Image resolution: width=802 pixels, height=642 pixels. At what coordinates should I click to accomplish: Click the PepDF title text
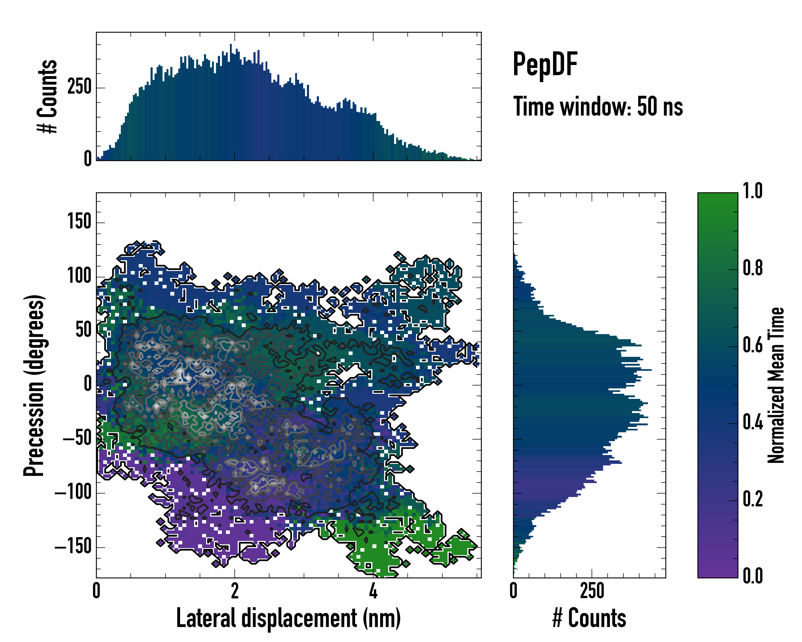[545, 64]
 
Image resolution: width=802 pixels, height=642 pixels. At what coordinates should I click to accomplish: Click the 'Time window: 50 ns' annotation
[598, 107]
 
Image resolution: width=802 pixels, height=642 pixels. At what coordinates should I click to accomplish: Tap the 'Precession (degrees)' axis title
[34, 385]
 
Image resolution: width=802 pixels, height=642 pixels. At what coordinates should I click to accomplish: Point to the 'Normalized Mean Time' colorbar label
[776, 385]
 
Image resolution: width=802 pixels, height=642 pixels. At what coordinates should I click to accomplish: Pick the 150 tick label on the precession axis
[79, 222]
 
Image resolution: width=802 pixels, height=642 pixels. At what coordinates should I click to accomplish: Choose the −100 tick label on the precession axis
[73, 493]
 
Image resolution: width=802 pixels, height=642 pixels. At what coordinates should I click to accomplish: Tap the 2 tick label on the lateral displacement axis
[235, 591]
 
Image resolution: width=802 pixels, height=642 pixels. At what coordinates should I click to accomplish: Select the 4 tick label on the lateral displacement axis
[373, 591]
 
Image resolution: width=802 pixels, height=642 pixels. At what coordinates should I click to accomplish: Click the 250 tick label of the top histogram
[79, 88]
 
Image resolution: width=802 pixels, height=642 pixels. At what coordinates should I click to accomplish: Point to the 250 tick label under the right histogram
[592, 591]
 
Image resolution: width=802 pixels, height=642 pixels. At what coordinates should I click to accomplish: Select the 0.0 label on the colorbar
[753, 576]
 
